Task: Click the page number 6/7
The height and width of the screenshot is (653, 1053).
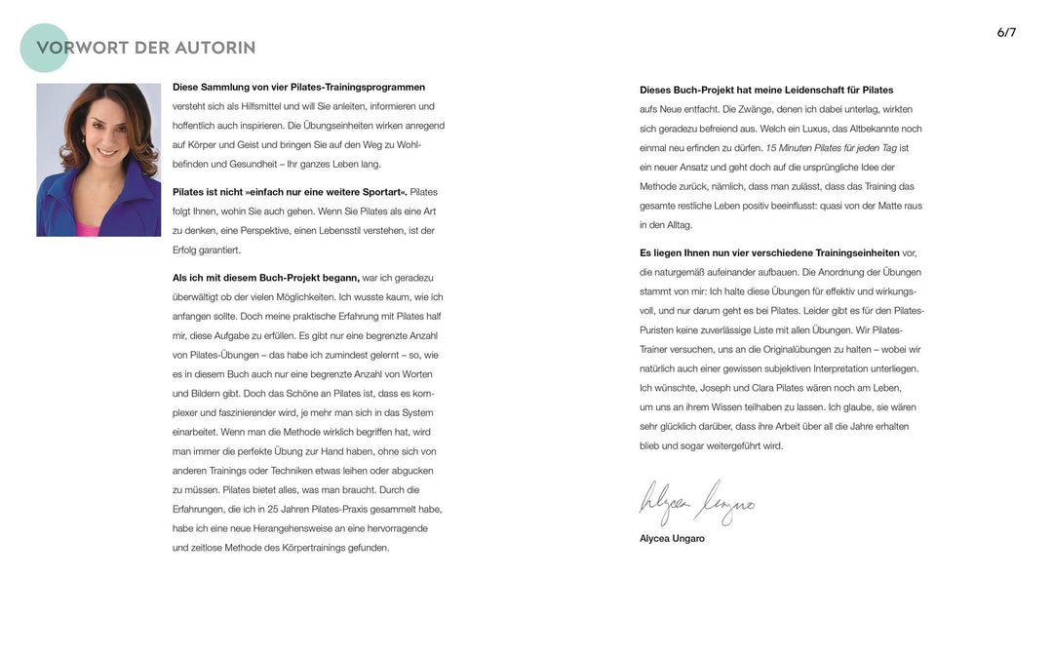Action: (1006, 32)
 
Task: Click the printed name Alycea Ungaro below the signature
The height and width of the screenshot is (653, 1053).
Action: (672, 538)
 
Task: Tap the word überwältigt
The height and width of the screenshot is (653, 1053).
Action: (200, 297)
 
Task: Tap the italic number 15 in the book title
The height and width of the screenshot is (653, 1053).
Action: (771, 148)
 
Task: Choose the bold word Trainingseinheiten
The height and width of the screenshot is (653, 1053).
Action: (854, 252)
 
